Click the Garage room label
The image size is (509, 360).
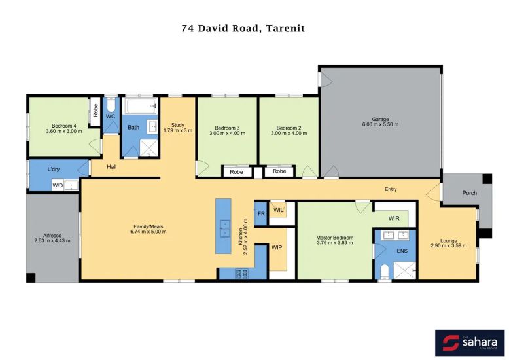pyautogui.click(x=380, y=119)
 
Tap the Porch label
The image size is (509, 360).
pyautogui.click(x=469, y=193)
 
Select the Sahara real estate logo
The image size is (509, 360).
pyautogui.click(x=470, y=343)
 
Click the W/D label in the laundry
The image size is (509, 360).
pyautogui.click(x=58, y=185)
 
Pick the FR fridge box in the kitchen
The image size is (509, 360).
pyautogui.click(x=261, y=214)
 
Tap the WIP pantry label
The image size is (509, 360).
pyautogui.click(x=277, y=247)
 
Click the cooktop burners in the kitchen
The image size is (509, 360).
pyautogui.click(x=241, y=274)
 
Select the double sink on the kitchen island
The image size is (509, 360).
pyautogui.click(x=225, y=228)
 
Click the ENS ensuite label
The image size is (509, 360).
pyautogui.click(x=402, y=251)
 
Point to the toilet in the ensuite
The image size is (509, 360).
pyautogui.click(x=384, y=272)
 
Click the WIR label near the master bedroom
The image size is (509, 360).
pyautogui.click(x=394, y=219)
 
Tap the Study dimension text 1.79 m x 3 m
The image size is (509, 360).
pyautogui.click(x=178, y=130)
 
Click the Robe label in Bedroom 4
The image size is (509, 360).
pyautogui.click(x=96, y=111)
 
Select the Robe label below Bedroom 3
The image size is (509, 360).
pyautogui.click(x=236, y=172)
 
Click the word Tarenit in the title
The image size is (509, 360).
pyautogui.click(x=285, y=28)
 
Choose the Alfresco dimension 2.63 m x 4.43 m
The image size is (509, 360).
pyautogui.click(x=52, y=240)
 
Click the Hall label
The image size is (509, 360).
pyautogui.click(x=112, y=167)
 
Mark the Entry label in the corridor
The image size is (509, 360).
pyautogui.click(x=391, y=189)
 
